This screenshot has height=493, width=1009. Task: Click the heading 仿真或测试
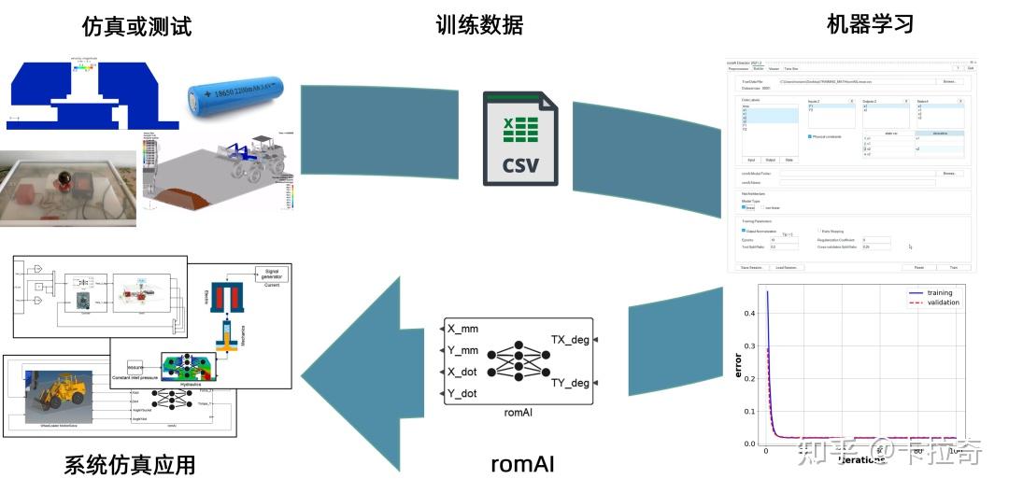(x=137, y=25)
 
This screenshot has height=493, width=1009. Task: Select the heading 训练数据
(x=479, y=24)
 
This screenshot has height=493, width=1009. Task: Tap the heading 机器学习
(x=870, y=24)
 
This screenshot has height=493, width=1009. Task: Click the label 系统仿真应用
(x=131, y=464)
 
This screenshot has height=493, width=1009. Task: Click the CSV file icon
(x=519, y=137)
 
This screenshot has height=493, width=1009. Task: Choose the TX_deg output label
(x=570, y=340)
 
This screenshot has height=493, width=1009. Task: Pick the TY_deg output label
(x=570, y=383)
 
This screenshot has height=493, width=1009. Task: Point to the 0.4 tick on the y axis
(x=747, y=314)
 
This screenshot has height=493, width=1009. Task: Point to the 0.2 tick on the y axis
(x=747, y=379)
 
